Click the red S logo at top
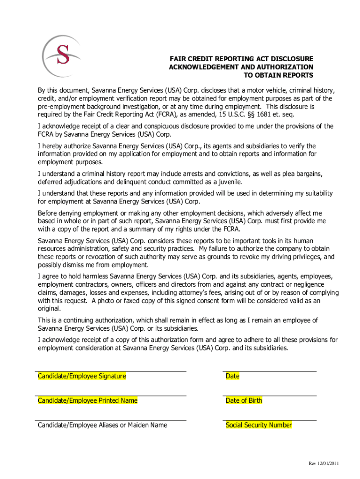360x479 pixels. pyautogui.click(x=63, y=53)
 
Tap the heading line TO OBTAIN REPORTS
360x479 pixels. pyautogui.click(x=279, y=75)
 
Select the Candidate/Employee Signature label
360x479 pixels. pyautogui.click(x=82, y=376)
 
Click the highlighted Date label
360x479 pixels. pyautogui.click(x=232, y=376)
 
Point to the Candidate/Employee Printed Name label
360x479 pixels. pyautogui.click(x=87, y=400)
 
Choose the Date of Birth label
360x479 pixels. pyautogui.click(x=244, y=400)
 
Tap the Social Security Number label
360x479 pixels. pyautogui.click(x=259, y=425)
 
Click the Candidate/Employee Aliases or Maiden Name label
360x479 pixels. pyautogui.click(x=102, y=425)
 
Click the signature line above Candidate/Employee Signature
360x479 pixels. pyautogui.click(x=112, y=371)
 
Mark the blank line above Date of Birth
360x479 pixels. pyautogui.click(x=270, y=396)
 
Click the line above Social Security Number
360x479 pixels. pyautogui.click(x=270, y=420)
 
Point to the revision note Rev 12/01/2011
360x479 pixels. pyautogui.click(x=324, y=463)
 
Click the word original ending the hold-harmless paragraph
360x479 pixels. pyautogui.click(x=49, y=309)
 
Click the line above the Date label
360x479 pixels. pyautogui.click(x=270, y=371)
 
